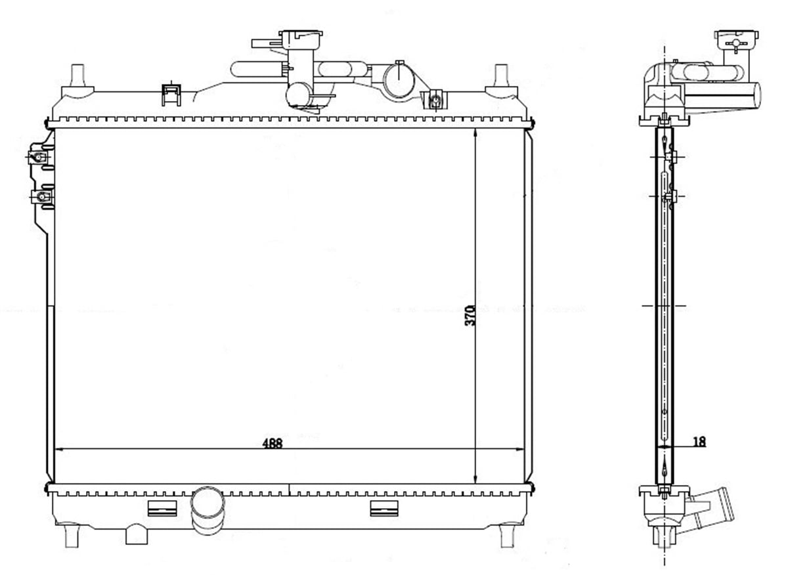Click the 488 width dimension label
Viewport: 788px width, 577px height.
click(273, 443)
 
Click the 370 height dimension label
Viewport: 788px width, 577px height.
click(470, 315)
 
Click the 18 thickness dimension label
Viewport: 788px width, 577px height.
click(699, 442)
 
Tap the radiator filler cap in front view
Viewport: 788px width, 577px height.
click(301, 35)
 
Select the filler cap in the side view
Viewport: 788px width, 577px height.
click(736, 40)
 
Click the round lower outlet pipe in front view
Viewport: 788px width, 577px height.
click(208, 510)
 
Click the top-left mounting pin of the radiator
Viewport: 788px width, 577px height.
click(77, 75)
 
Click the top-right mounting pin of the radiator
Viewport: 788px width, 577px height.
click(501, 75)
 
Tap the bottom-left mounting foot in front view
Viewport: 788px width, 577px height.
click(72, 536)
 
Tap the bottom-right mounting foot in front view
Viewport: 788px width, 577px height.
click(507, 536)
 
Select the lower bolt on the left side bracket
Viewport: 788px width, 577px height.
click(41, 197)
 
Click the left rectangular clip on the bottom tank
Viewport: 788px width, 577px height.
click(162, 509)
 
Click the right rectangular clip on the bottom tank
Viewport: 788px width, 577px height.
click(384, 509)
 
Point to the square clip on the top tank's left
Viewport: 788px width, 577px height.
click(171, 95)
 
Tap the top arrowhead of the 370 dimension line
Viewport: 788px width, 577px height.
click(475, 132)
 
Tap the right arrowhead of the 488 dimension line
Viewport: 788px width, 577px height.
click(521, 449)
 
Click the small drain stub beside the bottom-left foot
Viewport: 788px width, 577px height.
click(137, 534)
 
